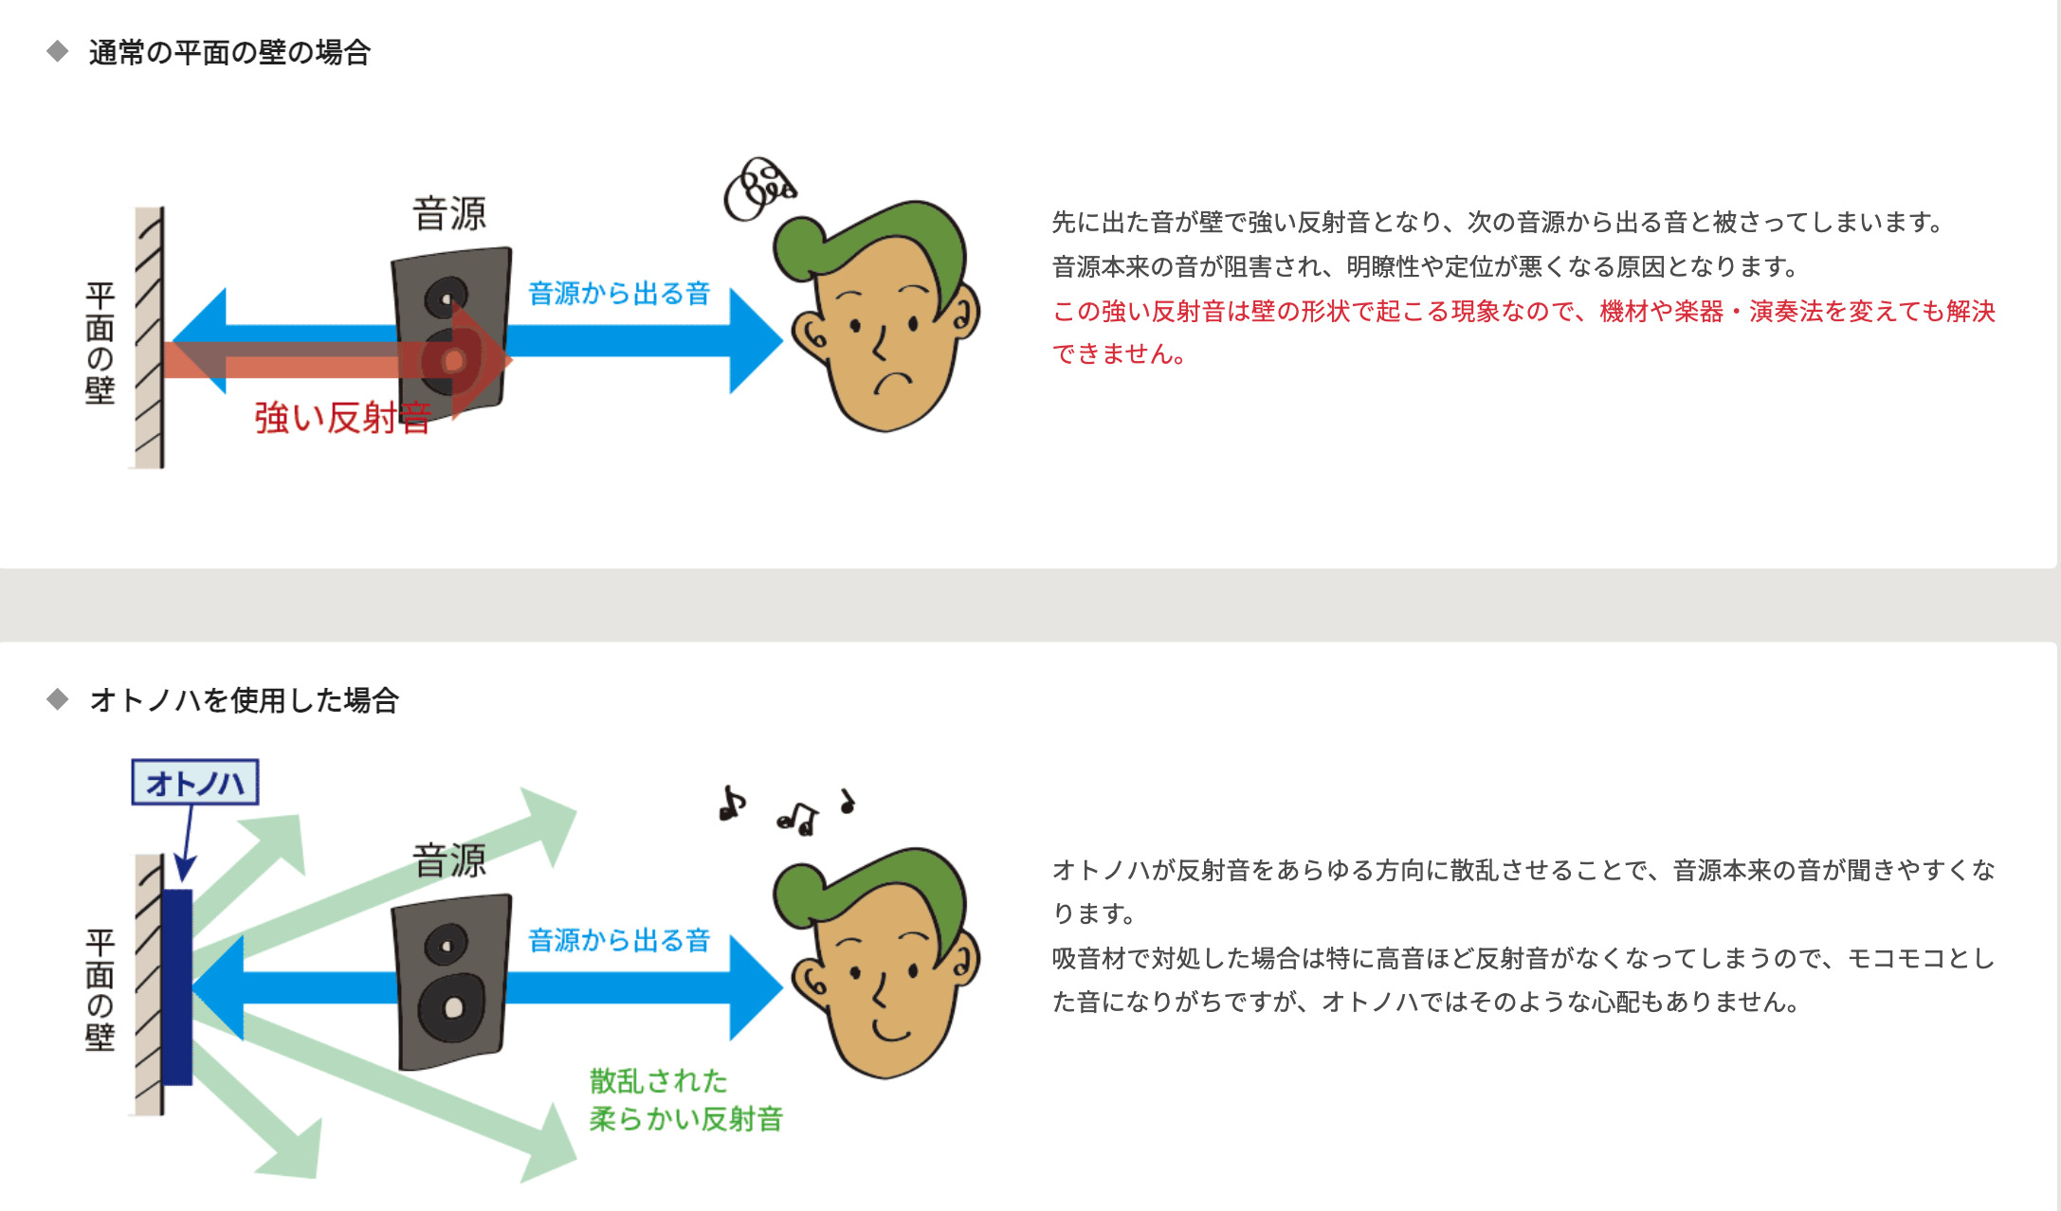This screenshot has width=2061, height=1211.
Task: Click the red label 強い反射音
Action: coord(343,417)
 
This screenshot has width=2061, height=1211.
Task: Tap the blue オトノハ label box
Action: coord(195,783)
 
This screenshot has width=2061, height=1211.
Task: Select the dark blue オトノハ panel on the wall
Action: coord(176,986)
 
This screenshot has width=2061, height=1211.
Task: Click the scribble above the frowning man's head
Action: coord(759,189)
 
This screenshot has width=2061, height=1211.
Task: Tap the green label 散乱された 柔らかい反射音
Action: coord(686,1099)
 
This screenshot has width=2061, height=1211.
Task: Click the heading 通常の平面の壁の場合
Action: coord(229,52)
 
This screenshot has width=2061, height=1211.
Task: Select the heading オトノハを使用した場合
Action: coord(245,700)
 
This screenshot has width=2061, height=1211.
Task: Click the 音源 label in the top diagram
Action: coord(449,213)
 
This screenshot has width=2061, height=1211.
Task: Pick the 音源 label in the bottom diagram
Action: coord(449,860)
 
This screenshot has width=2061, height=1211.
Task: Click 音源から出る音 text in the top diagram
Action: coord(619,293)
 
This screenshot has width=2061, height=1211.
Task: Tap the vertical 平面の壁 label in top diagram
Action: coord(100,342)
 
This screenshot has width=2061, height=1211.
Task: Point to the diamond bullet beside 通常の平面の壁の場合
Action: coord(58,51)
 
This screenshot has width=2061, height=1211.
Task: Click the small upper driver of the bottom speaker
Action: coord(446,945)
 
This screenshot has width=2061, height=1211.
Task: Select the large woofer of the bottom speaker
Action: coord(451,1006)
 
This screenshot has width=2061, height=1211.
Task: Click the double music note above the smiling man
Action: coord(798,818)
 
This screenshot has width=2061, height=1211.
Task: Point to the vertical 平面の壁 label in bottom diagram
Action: coord(100,989)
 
